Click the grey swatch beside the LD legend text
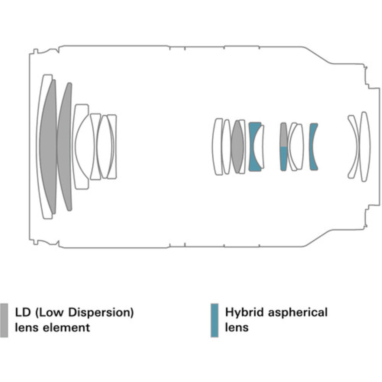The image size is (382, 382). pos(4,320)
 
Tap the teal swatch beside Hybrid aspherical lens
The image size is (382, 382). pos(215,320)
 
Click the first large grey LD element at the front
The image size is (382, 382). pos(48,146)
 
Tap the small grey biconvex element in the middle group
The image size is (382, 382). pos(237,146)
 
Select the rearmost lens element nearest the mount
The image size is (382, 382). pos(365,146)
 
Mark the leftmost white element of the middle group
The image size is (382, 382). pos(217,146)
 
